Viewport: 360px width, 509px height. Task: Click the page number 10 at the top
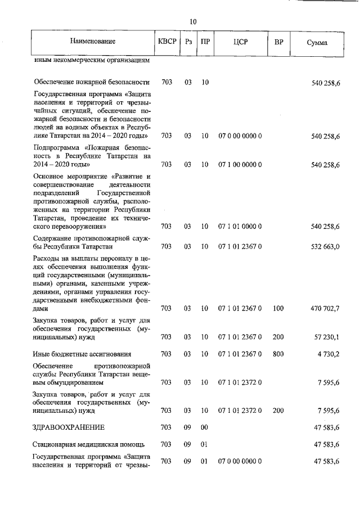pyautogui.click(x=193, y=21)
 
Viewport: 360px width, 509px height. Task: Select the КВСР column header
pyautogui.click(x=167, y=42)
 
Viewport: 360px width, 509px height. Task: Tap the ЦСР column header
pyautogui.click(x=240, y=42)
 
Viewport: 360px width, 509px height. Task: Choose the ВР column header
pyautogui.click(x=278, y=42)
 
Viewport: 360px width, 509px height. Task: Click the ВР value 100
pyautogui.click(x=278, y=308)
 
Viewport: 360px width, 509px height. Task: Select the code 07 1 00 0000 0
pyautogui.click(x=240, y=165)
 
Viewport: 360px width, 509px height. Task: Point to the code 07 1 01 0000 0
pyautogui.click(x=240, y=227)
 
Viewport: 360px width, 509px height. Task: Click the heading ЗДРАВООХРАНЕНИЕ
pyautogui.click(x=68, y=427)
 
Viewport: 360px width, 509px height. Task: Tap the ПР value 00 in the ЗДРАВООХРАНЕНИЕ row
pyautogui.click(x=205, y=427)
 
